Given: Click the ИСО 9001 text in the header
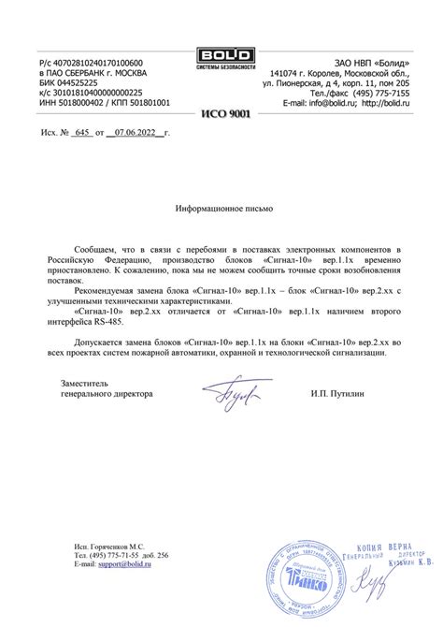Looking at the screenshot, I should point(221,112).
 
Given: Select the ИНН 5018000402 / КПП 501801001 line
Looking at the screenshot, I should point(104,102).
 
